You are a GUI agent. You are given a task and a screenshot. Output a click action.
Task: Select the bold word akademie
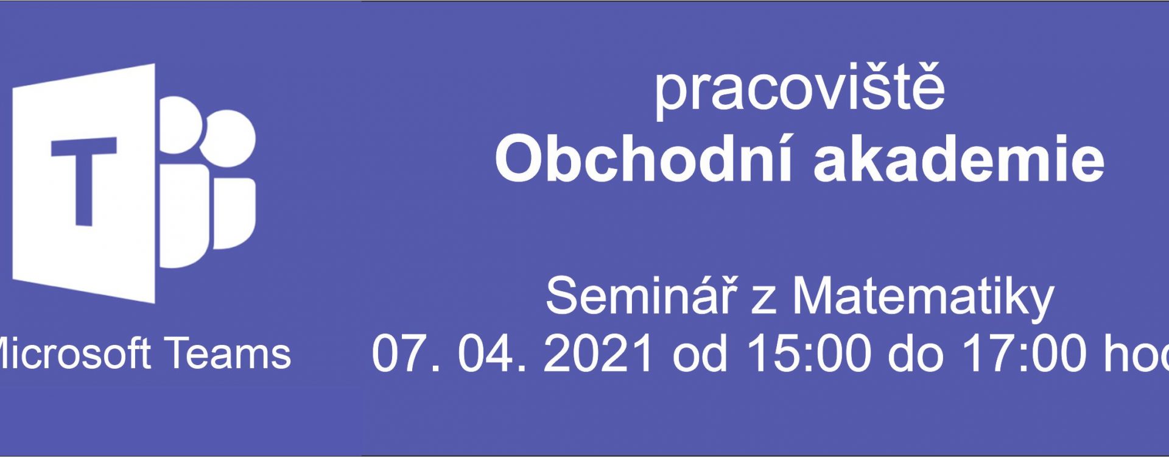pyautogui.click(x=959, y=158)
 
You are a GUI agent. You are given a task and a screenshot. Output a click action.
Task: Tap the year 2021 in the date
pyautogui.click(x=599, y=353)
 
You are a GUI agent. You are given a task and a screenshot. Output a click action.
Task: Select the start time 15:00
pyautogui.click(x=809, y=353)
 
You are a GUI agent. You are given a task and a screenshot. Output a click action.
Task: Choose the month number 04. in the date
pyautogui.click(x=493, y=353)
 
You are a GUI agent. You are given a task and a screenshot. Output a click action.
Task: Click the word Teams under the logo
pyautogui.click(x=229, y=353)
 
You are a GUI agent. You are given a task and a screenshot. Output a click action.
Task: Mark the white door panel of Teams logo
pyautogui.click(x=84, y=183)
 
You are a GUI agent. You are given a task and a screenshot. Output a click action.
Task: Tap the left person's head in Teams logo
pyautogui.click(x=180, y=125)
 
